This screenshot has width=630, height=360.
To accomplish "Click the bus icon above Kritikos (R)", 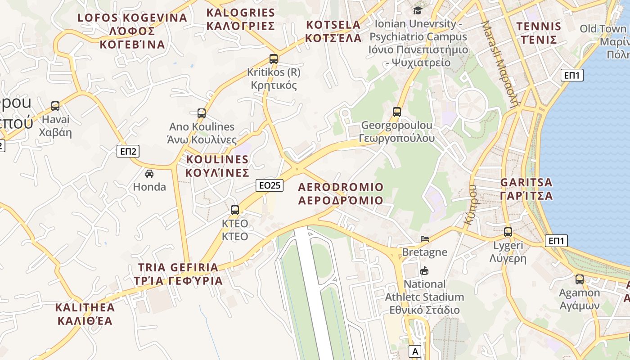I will click(x=273, y=58).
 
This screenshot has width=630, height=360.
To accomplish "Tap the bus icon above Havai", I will click(x=55, y=106).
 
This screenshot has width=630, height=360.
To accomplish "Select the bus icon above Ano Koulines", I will click(x=202, y=113).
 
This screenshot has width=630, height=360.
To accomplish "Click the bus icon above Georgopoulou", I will click(x=396, y=112).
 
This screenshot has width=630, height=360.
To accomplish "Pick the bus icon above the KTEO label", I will click(x=235, y=210).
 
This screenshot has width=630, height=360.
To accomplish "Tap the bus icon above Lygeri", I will click(x=508, y=232).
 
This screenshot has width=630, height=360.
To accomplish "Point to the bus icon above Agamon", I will click(x=580, y=279).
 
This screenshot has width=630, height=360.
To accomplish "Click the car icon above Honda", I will click(x=149, y=173).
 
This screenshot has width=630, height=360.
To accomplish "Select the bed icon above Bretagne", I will click(x=424, y=238).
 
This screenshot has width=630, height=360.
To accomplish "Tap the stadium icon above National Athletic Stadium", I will click(x=424, y=270).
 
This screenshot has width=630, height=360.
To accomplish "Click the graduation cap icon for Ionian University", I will click(x=418, y=10).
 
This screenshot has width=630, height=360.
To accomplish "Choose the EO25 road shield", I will click(x=270, y=184).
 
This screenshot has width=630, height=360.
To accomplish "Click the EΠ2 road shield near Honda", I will click(x=128, y=151).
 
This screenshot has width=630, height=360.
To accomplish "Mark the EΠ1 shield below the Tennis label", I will click(x=572, y=75).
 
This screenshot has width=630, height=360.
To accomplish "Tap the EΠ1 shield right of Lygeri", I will click(x=556, y=241).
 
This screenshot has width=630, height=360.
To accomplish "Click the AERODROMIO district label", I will click(x=341, y=193).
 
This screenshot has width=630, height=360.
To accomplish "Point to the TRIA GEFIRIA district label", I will click(x=178, y=274).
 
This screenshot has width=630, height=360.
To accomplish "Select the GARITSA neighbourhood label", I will click(x=526, y=189).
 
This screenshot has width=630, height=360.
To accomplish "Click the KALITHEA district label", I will click(x=85, y=314).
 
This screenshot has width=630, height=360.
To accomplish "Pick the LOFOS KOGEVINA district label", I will click(x=132, y=31).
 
